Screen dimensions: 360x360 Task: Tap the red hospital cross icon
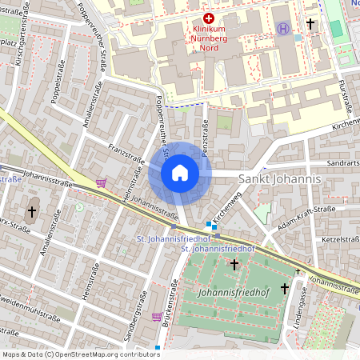pos(209,18)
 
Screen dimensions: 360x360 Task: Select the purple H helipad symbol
pos(283,28)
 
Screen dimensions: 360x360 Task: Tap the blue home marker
pos(180,173)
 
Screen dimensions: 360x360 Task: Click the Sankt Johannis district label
pos(280,179)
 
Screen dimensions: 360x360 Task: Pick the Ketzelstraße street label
pos(338,239)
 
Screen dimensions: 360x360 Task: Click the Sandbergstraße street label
pos(138,328)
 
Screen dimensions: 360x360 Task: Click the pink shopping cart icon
pos(101,183)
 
